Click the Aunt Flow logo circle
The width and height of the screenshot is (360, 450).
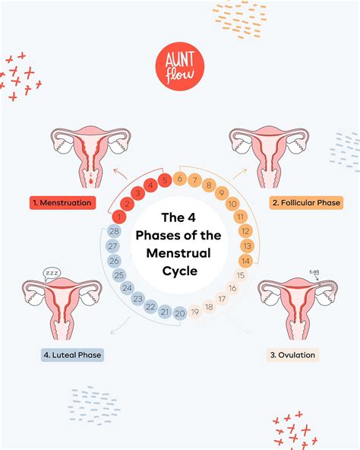[180, 67]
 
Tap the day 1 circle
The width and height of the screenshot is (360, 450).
[119, 217]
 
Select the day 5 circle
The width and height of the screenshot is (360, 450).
[165, 180]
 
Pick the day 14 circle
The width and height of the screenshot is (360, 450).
[245, 261]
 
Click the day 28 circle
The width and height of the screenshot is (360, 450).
[114, 231]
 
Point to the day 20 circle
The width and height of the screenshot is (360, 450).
[180, 313]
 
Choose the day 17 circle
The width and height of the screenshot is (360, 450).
[222, 299]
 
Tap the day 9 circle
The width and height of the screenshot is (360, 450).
[222, 192]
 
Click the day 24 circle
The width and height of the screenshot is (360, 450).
[127, 288]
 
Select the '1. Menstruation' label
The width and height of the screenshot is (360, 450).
[62, 203]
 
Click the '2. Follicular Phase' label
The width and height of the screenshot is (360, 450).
[306, 203]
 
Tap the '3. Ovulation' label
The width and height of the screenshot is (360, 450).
[292, 355]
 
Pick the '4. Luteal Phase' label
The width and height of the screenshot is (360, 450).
[72, 355]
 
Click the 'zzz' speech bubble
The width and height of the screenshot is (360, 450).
[52, 273]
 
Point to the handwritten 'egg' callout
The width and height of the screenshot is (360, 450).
[314, 272]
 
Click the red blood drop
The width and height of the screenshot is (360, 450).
[91, 181]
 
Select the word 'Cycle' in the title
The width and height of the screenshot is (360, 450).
[180, 271]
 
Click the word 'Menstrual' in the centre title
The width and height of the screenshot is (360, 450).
[178, 253]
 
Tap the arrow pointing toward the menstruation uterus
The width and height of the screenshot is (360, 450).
[120, 174]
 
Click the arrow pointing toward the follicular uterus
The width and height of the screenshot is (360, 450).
[240, 174]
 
